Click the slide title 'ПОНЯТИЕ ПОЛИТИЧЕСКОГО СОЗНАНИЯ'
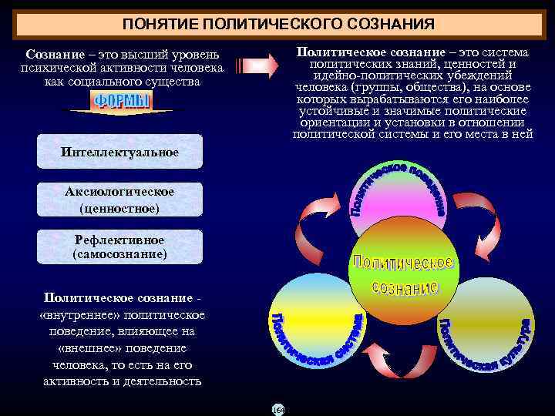277,22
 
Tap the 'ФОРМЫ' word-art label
122,102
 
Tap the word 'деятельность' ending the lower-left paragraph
165,381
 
